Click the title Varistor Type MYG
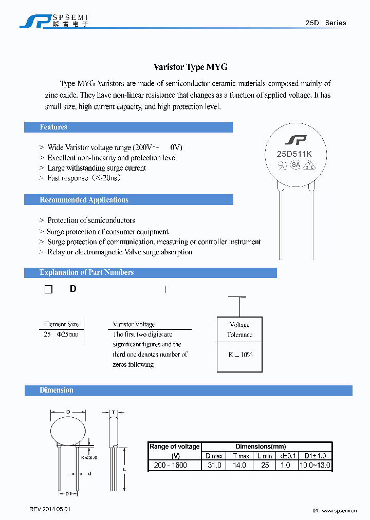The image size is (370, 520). (x=191, y=67)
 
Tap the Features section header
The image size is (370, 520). (x=53, y=127)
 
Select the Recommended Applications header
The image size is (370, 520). (x=84, y=200)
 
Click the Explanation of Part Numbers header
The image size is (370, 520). (x=86, y=273)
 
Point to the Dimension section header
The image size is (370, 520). (x=57, y=391)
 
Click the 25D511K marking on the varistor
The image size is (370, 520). (x=295, y=153)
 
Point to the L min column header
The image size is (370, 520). (x=265, y=456)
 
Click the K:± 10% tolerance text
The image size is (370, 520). (x=240, y=355)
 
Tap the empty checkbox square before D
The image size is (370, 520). (x=49, y=290)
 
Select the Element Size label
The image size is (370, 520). (x=62, y=324)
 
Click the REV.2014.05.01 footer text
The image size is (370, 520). (x=49, y=509)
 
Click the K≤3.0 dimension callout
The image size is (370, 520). (x=89, y=457)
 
